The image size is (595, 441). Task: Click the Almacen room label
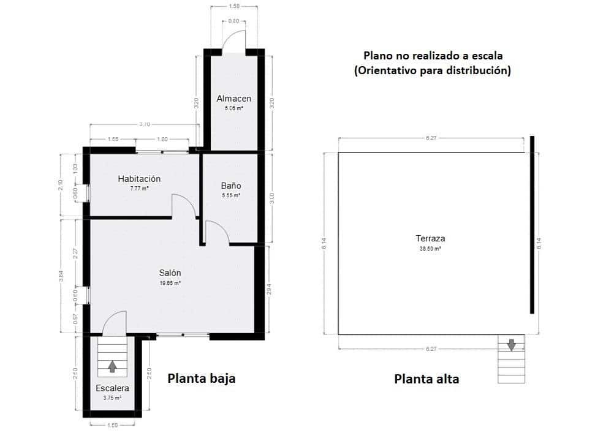[234, 99]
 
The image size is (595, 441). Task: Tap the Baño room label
[231, 185]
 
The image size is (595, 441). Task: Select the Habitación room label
[139, 179]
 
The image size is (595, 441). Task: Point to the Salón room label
[170, 273]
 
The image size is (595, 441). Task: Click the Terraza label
[430, 239]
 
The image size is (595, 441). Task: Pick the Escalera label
[112, 388]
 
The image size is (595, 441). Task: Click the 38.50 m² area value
[430, 249]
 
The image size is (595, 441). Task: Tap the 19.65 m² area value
[170, 284]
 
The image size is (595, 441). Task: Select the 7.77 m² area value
[139, 189]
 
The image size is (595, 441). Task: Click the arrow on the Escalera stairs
[112, 366]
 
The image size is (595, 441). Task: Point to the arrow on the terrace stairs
[511, 345]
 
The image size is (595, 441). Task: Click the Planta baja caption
[202, 379]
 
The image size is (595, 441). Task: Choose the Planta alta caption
[426, 379]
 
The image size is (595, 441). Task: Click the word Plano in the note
[381, 56]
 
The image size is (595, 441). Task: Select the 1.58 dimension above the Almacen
[234, 7]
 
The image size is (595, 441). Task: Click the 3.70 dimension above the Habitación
[145, 124]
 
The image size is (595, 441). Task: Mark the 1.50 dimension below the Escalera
[112, 424]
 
